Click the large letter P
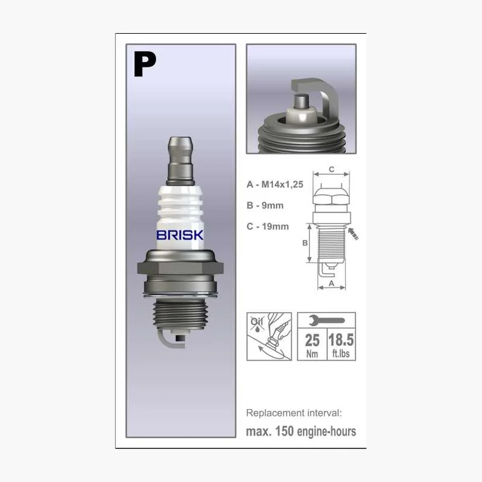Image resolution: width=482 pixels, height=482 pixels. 144,64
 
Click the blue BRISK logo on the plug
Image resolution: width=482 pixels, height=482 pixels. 180,235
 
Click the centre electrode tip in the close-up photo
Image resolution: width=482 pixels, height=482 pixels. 302,101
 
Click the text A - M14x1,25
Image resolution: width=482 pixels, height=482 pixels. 275,184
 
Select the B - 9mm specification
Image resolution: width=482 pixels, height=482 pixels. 265,205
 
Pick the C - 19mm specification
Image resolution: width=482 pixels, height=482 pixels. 268,227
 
